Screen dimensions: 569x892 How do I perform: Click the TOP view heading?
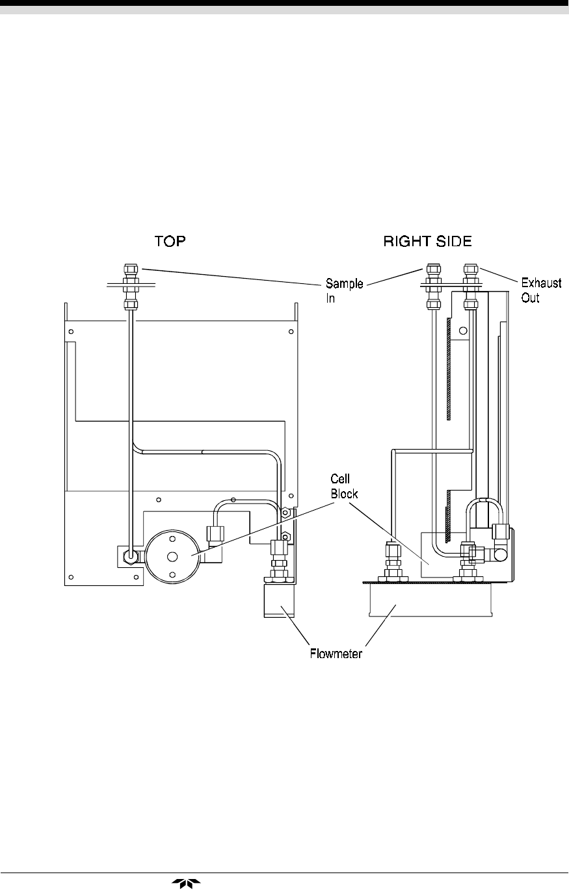170,241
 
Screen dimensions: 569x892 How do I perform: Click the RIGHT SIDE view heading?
427,241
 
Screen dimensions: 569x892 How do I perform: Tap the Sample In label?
344,290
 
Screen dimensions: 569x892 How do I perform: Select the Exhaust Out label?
541,290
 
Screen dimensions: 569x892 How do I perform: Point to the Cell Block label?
344,486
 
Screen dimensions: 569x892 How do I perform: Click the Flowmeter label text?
336,654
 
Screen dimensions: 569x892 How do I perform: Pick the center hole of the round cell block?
172,557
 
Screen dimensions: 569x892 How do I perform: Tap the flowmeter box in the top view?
280,600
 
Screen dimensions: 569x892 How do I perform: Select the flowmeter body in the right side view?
430,600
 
